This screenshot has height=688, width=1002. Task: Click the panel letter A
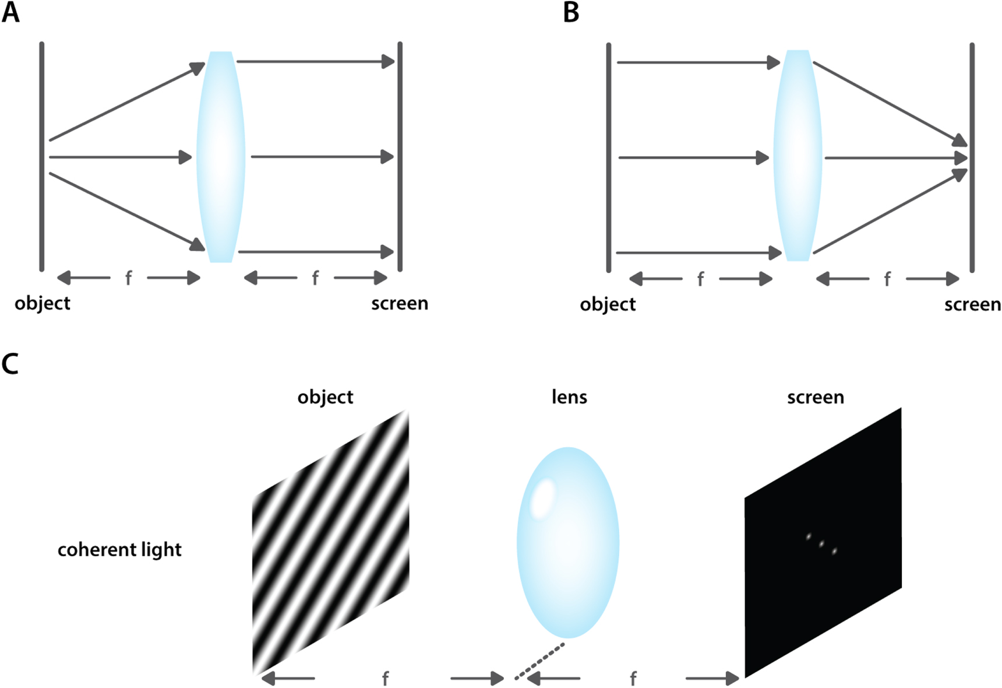pos(10,12)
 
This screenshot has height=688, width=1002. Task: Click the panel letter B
pos(571,12)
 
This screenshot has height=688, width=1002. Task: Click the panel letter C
pos(10,364)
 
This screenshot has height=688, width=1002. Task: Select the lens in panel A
pos(221,156)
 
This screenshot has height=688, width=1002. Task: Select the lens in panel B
pos(798,155)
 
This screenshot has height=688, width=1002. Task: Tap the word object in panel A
pos(43,304)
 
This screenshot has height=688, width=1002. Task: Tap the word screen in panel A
pos(400,304)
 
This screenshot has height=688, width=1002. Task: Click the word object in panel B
pos(608,305)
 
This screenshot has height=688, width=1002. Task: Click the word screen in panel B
pos(972,305)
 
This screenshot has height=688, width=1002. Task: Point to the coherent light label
pos(119,550)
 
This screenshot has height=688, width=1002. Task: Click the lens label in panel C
pos(569,398)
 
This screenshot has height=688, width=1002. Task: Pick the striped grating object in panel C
pos(330,542)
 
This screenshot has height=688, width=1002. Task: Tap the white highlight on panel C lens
pos(543,497)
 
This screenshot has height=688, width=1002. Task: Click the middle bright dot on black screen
pos(821,544)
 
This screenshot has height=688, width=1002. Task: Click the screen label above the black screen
pos(816,398)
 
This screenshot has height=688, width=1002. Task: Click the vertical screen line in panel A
pos(400,156)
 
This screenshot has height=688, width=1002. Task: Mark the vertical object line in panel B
pos(609,157)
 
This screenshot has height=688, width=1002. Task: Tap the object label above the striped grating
pos(325,398)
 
